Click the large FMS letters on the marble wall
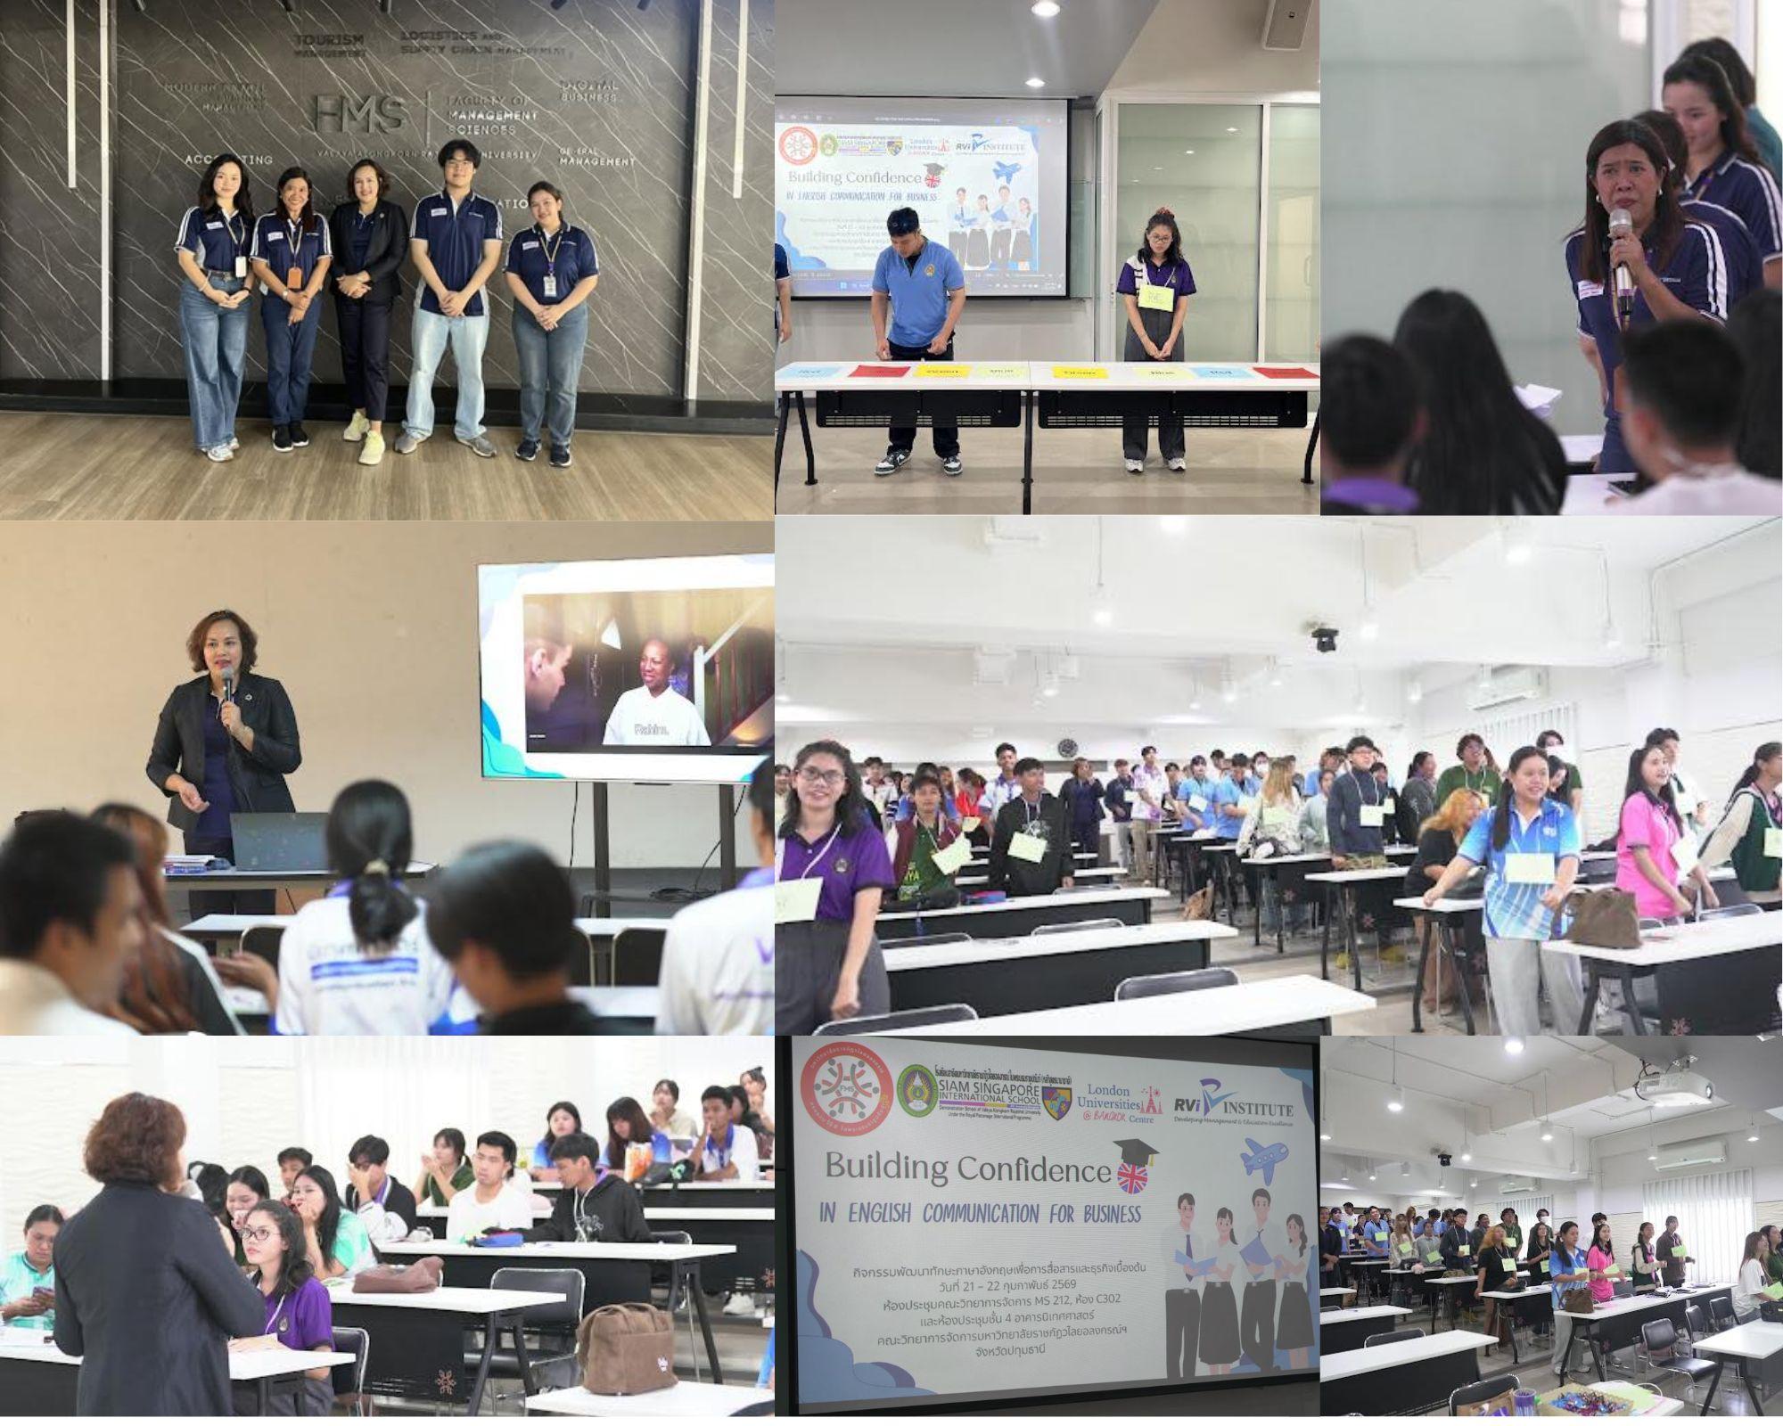tap(360, 115)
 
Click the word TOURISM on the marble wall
tap(329, 41)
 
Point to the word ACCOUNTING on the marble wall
tap(228, 160)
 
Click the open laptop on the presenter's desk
tap(278, 840)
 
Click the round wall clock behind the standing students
tap(1067, 747)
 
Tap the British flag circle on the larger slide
tap(1132, 1177)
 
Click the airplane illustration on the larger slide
tap(1264, 1160)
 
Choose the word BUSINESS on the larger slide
tap(1097, 1214)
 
